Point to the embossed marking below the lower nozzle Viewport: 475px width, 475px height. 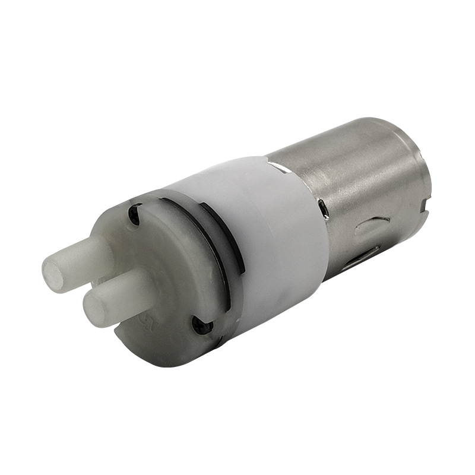pyautogui.click(x=143, y=324)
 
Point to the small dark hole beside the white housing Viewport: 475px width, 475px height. pyautogui.click(x=322, y=207)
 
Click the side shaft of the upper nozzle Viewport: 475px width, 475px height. pyautogui.click(x=89, y=262)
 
